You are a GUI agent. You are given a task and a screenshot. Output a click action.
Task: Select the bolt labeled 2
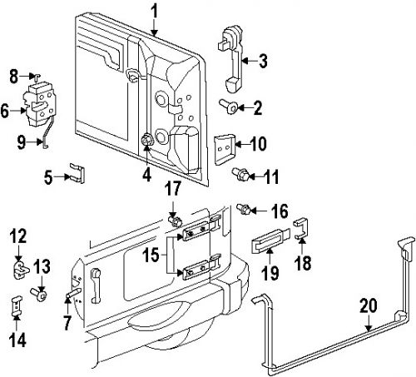click(229, 107)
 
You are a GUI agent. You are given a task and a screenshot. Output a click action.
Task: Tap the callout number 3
click(263, 61)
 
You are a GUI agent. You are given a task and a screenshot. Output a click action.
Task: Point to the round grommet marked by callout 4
click(147, 141)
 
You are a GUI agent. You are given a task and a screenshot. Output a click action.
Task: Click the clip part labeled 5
click(77, 173)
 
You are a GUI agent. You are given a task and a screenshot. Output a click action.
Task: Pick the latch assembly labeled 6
click(40, 104)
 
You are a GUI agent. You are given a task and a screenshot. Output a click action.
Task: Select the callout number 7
click(67, 323)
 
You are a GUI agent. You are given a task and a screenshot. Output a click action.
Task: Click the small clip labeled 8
click(36, 76)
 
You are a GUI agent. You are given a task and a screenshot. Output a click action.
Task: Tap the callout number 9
click(22, 142)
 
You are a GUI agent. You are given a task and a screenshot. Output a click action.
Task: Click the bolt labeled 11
click(241, 174)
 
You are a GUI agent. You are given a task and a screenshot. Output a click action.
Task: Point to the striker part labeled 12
click(21, 270)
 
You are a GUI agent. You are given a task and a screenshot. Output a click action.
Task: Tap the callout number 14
click(18, 340)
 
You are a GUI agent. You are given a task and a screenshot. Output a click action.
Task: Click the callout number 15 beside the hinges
click(151, 255)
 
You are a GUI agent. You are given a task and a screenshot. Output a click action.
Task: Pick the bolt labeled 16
click(244, 209)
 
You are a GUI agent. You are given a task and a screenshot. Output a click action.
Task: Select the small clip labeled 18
click(301, 228)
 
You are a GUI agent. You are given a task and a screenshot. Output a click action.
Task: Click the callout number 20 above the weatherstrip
click(369, 305)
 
